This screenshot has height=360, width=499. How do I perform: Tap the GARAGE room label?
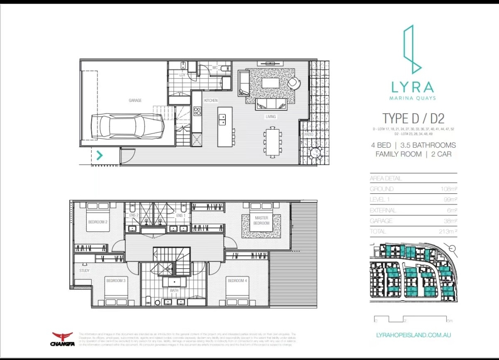[x=135, y=100]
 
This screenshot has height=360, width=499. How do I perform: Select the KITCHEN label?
[x=211, y=101]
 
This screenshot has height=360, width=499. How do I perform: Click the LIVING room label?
[x=271, y=117]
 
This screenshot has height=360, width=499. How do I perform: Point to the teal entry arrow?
[x=100, y=156]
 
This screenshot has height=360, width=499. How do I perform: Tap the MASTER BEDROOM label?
[x=262, y=221]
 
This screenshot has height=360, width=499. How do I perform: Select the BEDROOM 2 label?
[x=98, y=222]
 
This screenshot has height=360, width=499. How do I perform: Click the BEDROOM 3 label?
[x=116, y=281]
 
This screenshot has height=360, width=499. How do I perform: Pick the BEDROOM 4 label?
[x=237, y=281]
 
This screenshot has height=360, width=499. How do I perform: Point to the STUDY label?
[x=84, y=271]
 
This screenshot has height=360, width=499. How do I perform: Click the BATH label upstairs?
[x=174, y=291]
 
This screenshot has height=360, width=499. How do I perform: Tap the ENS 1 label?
[x=181, y=215]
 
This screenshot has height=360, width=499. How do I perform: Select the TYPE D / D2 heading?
[x=413, y=119]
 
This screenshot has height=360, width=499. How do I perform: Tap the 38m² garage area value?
[x=449, y=221]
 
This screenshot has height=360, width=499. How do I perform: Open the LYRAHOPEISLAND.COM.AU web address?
[x=413, y=335]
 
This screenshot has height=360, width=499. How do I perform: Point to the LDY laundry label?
[x=182, y=75]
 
